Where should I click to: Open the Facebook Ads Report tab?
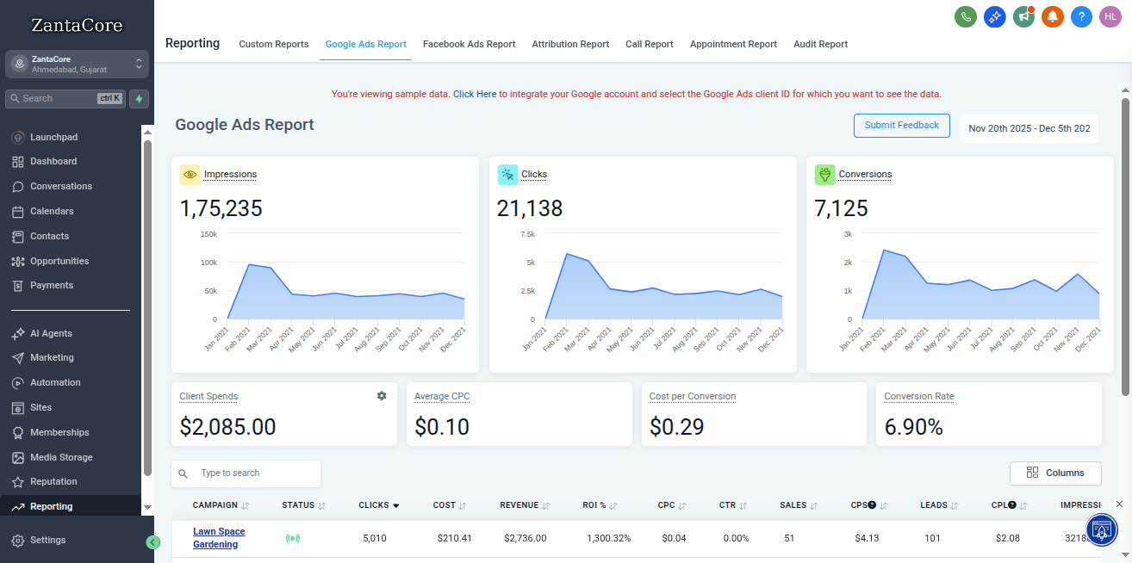coord(469,44)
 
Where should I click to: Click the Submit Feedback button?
coord(901,126)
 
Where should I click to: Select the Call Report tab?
coord(649,44)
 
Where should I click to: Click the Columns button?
coord(1055,473)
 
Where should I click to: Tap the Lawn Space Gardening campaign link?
coord(219,538)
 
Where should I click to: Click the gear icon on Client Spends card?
coord(382,396)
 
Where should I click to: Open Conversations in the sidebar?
coord(60,186)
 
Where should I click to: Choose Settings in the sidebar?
coord(47,540)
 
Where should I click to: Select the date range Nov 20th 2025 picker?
coord(1029,128)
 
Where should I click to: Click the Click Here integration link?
coord(475,94)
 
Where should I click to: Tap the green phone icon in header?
coord(966,16)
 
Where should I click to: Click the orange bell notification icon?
coord(1052,16)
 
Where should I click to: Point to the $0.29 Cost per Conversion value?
coord(676,426)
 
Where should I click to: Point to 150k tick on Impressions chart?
coord(208,234)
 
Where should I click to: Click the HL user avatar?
coord(1110,16)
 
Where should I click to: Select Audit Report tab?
coord(820,44)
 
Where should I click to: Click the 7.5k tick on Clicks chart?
coord(527,234)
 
